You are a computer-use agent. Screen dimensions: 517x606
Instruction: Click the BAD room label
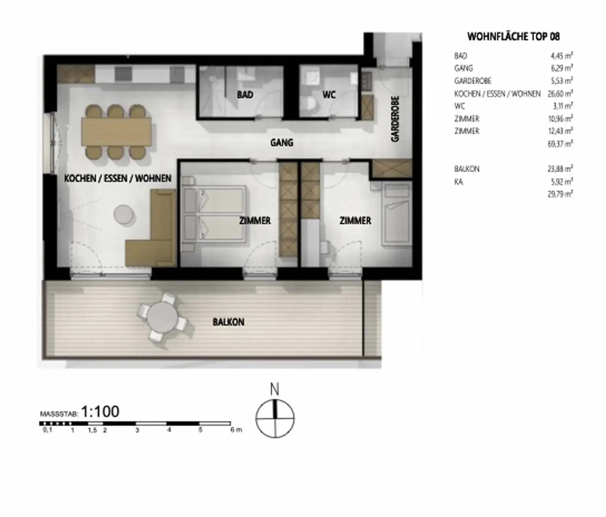[245, 95]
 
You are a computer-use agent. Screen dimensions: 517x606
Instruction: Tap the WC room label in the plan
[329, 95]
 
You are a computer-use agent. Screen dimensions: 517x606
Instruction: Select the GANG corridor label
[281, 142]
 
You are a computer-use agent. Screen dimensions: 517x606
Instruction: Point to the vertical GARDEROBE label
[395, 119]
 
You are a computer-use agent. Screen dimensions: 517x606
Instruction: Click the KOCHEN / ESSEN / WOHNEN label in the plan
[118, 178]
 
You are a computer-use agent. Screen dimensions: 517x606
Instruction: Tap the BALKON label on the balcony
[228, 322]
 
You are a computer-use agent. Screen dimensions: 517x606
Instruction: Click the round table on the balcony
[163, 317]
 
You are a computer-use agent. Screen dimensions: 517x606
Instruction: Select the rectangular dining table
[116, 131]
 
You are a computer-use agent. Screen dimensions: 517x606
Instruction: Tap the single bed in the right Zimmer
[397, 215]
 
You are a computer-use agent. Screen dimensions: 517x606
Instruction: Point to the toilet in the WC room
[310, 105]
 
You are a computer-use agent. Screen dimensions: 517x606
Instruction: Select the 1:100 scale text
[100, 412]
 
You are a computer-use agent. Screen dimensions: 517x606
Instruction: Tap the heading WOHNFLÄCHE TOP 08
[513, 37]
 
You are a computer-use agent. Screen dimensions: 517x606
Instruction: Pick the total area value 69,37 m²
[560, 144]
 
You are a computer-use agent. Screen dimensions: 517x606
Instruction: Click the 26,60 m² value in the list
[560, 94]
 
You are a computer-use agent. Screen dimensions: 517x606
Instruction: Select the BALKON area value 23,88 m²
[560, 169]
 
